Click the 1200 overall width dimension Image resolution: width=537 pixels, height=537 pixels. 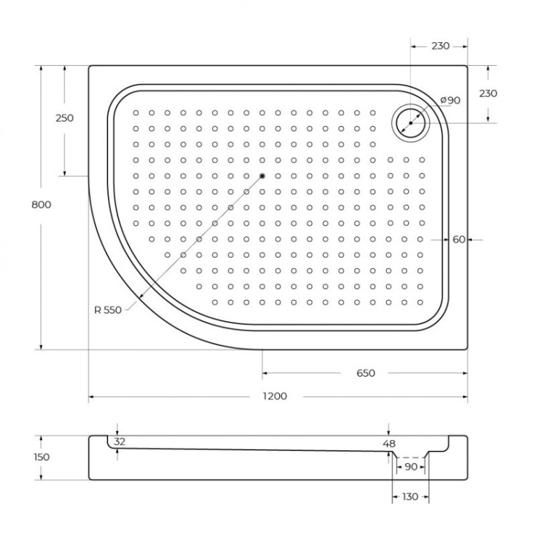[x=275, y=396]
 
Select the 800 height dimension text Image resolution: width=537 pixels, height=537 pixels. [x=42, y=204]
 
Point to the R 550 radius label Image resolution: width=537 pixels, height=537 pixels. [x=108, y=310]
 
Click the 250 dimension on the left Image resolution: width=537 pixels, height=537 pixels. [x=64, y=118]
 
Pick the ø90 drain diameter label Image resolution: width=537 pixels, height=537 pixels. [x=450, y=100]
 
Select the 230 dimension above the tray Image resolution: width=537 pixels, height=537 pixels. [x=440, y=46]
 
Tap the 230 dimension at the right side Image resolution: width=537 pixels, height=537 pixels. [x=488, y=94]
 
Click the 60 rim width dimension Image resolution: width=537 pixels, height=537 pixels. [x=459, y=239]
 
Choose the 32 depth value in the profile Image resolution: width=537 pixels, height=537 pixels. [x=120, y=442]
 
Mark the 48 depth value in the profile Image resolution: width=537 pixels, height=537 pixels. [x=389, y=444]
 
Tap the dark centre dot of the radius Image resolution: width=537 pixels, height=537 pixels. [x=262, y=176]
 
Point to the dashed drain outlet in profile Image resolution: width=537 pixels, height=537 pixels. [x=410, y=458]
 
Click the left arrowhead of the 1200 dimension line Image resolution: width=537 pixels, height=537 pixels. [x=92, y=396]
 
